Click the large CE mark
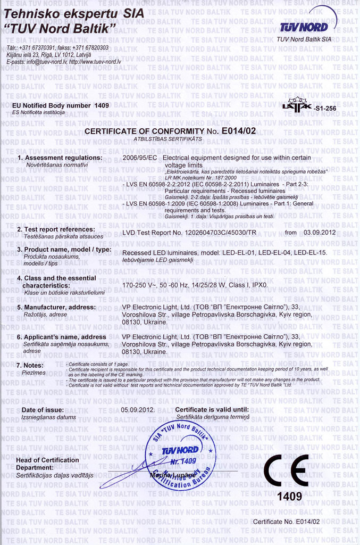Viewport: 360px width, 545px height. tap(286, 470)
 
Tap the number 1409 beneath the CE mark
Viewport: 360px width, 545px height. tap(289, 497)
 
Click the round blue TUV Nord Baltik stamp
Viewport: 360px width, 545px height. tap(181, 456)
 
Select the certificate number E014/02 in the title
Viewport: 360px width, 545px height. tap(239, 130)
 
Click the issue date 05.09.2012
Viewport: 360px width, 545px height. tap(138, 410)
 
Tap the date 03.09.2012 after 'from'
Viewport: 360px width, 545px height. tap(320, 232)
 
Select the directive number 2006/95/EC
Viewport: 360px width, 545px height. tap(139, 158)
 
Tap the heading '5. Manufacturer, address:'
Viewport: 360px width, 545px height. tap(56, 307)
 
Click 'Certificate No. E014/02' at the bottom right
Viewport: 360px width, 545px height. tap(286, 522)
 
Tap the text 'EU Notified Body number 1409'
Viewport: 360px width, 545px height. tap(60, 105)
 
